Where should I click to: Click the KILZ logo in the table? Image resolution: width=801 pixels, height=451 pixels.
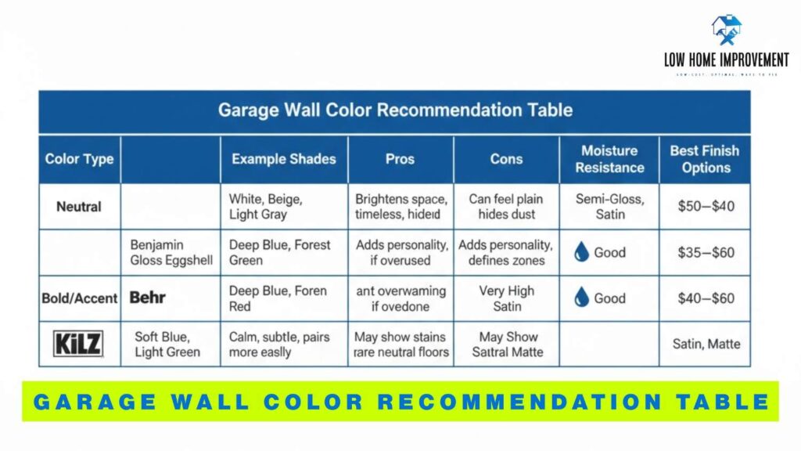78,343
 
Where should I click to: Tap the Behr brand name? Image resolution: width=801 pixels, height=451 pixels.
148,298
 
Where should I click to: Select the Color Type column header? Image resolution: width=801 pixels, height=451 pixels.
78,159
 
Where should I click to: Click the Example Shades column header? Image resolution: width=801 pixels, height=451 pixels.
283,159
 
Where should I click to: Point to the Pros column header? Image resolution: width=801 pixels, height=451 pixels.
400,159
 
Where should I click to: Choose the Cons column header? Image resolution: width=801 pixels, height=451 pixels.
506,159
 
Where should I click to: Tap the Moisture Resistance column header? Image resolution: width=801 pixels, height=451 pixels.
609,159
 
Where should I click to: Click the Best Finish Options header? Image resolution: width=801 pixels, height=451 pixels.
704,159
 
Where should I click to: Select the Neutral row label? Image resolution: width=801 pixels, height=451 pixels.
78,207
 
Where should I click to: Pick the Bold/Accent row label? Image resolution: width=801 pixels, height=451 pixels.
79,298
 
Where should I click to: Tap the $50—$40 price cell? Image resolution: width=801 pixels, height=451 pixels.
705,207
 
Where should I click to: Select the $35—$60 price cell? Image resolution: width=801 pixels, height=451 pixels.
705,253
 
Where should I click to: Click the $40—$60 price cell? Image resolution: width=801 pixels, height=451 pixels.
705,298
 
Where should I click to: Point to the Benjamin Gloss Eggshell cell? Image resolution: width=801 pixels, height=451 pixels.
171,253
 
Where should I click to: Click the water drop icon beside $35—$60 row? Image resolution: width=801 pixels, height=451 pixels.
581,252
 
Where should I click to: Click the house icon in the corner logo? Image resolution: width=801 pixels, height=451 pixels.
726,30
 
